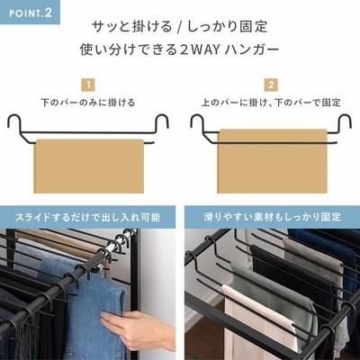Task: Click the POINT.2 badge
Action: [x=30, y=13]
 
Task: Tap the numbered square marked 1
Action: [x=88, y=85]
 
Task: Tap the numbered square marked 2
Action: [x=271, y=85]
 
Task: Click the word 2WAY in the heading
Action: [x=200, y=49]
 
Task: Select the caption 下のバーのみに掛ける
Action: [x=88, y=103]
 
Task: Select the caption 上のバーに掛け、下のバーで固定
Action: [x=271, y=103]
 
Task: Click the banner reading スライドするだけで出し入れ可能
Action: [x=87, y=217]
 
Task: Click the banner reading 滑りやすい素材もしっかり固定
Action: [x=272, y=217]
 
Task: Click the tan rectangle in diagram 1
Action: [x=89, y=166]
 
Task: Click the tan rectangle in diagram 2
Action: [x=272, y=161]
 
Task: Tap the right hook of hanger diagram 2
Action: [x=345, y=122]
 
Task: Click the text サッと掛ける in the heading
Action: [x=132, y=27]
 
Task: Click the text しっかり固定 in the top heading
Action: [x=228, y=27]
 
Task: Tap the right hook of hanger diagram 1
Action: [x=162, y=122]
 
